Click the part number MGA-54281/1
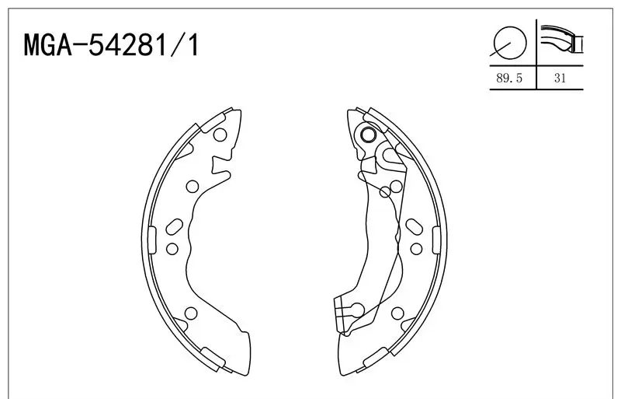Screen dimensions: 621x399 coord(111,45)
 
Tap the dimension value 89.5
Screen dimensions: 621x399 coord(509,79)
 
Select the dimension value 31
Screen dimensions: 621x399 coord(560,79)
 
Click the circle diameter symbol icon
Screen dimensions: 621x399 coord(510,43)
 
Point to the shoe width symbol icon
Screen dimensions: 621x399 coord(561,40)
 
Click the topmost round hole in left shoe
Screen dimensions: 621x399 coord(220,135)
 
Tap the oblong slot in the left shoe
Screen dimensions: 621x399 coord(174,226)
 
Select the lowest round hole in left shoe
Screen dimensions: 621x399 coord(191,313)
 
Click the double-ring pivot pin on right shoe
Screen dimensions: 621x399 coord(369,135)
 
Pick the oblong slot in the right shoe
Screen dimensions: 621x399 coord(415,226)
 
